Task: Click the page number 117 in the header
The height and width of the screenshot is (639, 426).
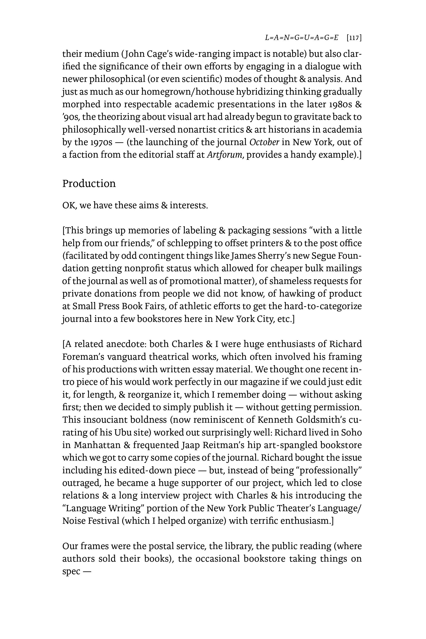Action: click(354, 38)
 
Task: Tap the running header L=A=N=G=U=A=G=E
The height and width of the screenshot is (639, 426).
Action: click(302, 38)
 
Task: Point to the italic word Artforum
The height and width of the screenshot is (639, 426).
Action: click(224, 155)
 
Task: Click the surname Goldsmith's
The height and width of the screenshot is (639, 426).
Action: click(321, 420)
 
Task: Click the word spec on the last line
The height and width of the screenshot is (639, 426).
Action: click(71, 572)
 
